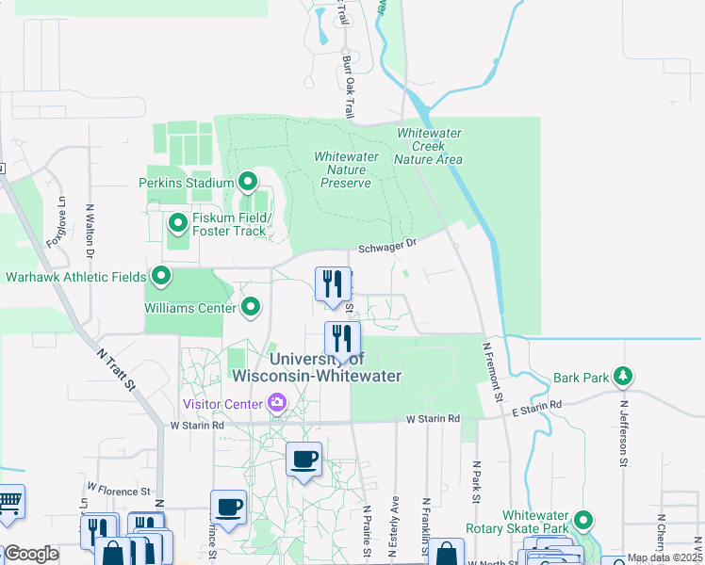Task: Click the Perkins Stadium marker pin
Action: tap(249, 181)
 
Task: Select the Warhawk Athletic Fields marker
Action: tap(161, 277)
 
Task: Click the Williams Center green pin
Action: tap(251, 306)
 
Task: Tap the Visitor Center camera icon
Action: tap(277, 404)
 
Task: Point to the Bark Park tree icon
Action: tap(622, 377)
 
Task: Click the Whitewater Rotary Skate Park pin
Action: tap(584, 520)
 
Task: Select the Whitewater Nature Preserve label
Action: tap(346, 169)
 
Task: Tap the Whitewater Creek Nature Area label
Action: tap(429, 147)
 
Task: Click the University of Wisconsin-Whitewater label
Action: tap(317, 367)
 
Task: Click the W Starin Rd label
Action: tap(198, 425)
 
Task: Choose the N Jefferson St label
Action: tap(623, 432)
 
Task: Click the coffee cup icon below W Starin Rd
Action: tap(303, 459)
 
